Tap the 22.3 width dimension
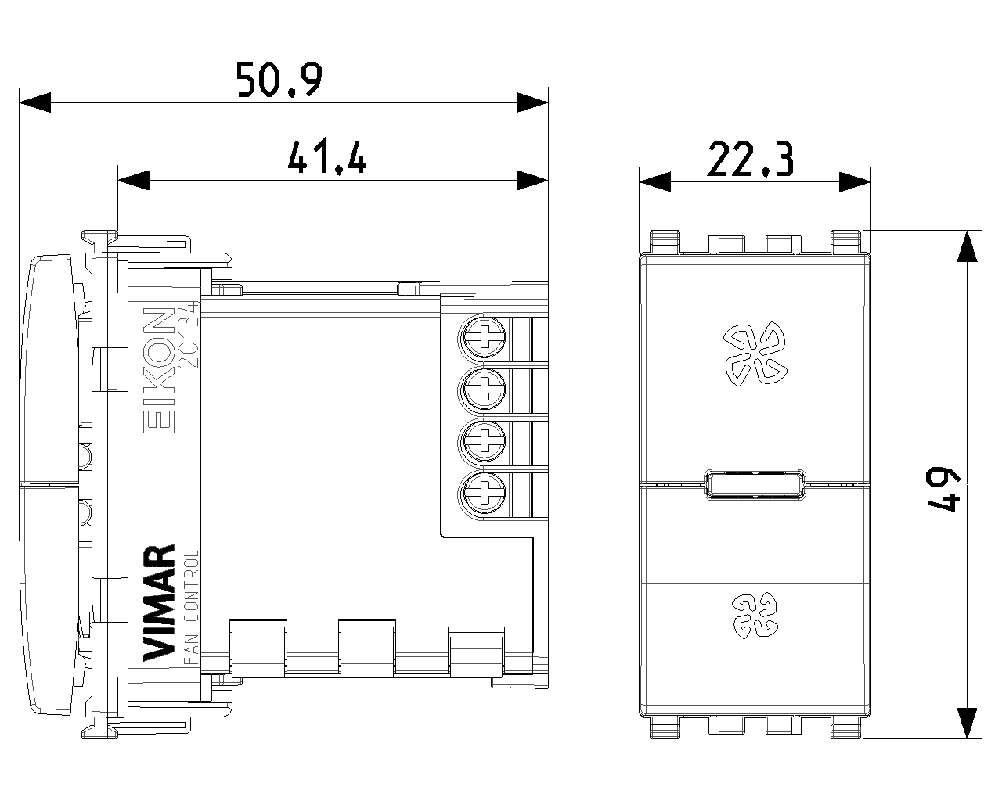[751, 159]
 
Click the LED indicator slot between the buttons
[753, 485]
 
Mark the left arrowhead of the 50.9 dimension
[34, 102]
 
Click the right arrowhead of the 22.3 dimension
[855, 181]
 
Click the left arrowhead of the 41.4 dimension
[133, 181]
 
